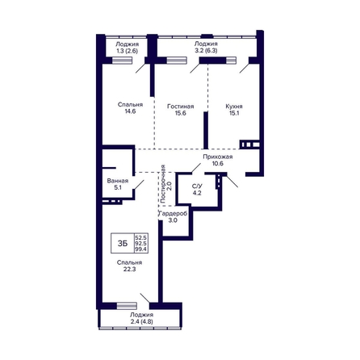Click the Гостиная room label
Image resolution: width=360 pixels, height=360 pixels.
(x=180, y=107)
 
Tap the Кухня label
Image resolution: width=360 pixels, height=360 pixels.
(x=234, y=107)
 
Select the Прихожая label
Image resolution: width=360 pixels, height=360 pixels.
(x=218, y=157)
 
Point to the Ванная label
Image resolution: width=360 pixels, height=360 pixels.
(x=118, y=181)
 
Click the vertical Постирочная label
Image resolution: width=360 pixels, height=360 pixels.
(x=163, y=184)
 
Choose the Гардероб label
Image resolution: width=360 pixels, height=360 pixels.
(x=173, y=214)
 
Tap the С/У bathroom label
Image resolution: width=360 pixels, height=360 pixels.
(x=197, y=186)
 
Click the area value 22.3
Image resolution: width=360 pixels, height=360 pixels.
(x=129, y=270)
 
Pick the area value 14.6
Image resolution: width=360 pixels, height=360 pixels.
(x=130, y=111)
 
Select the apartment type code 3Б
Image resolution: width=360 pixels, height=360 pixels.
(x=123, y=244)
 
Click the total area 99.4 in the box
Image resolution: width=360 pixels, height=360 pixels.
(x=141, y=249)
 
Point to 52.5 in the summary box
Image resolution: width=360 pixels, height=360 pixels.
(x=141, y=237)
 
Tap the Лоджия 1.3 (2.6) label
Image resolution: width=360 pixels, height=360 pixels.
(x=127, y=48)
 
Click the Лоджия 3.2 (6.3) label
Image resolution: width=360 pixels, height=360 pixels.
(x=206, y=47)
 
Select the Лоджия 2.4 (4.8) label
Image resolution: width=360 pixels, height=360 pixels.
(x=141, y=318)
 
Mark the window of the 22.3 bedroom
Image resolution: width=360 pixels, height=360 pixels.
(x=127, y=306)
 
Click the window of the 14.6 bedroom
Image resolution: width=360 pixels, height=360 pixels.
(x=122, y=61)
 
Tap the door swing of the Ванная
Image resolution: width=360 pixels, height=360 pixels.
(x=139, y=185)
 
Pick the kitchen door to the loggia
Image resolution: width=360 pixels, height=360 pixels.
(x=245, y=68)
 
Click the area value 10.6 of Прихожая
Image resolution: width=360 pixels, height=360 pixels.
(x=218, y=163)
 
